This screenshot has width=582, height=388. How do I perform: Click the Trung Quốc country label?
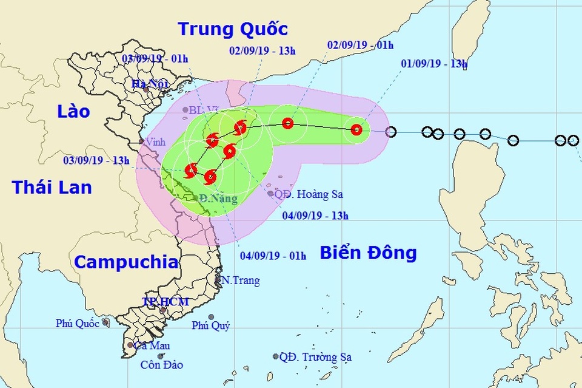point(232,29)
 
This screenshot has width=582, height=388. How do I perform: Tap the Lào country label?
point(73,111)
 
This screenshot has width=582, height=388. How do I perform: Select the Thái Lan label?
point(52,186)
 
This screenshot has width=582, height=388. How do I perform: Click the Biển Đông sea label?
point(368,252)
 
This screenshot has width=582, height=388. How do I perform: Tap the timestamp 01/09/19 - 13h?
point(434,64)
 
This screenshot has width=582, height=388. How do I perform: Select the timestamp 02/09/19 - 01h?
point(360,45)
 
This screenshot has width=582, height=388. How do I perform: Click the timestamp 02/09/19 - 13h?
point(263,50)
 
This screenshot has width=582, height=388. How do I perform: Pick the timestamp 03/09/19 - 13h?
point(96,160)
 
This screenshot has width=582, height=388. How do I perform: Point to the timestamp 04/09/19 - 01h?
point(273,256)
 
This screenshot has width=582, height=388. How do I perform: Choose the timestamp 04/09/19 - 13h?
point(315,214)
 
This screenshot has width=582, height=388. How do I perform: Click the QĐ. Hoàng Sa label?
point(309,194)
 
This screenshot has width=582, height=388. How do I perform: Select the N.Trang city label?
point(240,281)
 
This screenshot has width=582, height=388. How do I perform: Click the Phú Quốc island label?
point(78,323)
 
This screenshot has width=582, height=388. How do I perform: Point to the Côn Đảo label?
point(161,365)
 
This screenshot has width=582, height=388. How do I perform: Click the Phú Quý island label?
point(211,326)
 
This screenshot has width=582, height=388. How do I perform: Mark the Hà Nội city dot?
point(146,89)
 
